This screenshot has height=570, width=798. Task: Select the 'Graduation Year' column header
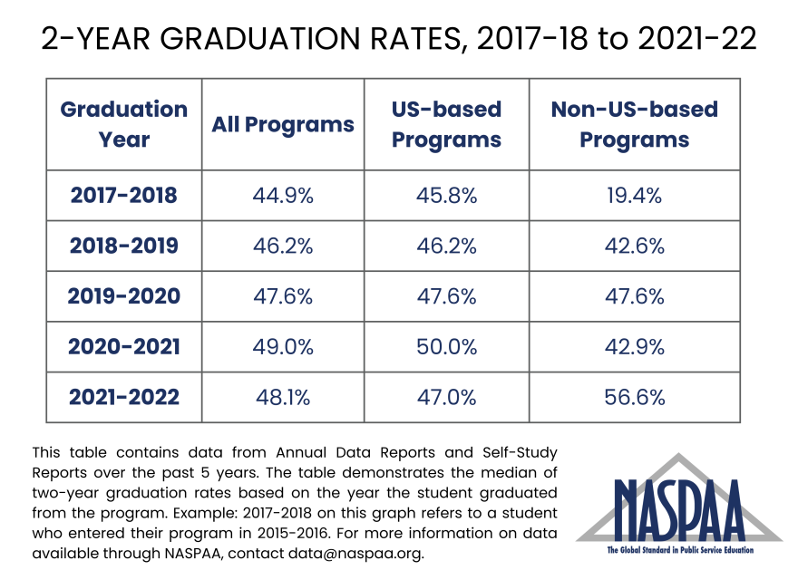pos(124,124)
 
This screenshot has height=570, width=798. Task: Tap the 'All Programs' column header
pos(283,125)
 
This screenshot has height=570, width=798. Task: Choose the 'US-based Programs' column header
pos(446,124)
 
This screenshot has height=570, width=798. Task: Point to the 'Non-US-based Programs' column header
pos(634,124)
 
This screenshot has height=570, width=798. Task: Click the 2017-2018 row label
pos(124,195)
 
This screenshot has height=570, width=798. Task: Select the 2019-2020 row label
pos(124,296)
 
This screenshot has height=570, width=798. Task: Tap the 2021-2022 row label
pos(124,397)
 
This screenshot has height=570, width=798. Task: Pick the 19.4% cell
pos(634,195)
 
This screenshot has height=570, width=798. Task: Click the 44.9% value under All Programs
pos(283,195)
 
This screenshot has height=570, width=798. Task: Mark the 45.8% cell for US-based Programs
pos(446,195)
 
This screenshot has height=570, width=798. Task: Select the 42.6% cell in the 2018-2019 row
pos(634,246)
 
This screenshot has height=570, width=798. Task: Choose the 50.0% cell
pos(446,347)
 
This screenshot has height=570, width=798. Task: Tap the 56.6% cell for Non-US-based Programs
pos(634,397)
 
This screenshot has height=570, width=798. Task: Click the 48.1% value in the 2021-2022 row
pos(283,397)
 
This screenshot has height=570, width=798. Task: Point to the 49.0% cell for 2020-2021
pos(283,347)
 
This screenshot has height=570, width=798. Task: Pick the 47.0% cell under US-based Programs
pos(446,397)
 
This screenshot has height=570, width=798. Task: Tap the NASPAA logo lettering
pos(678,511)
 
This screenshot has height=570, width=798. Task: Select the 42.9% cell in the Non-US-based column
pos(634,347)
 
